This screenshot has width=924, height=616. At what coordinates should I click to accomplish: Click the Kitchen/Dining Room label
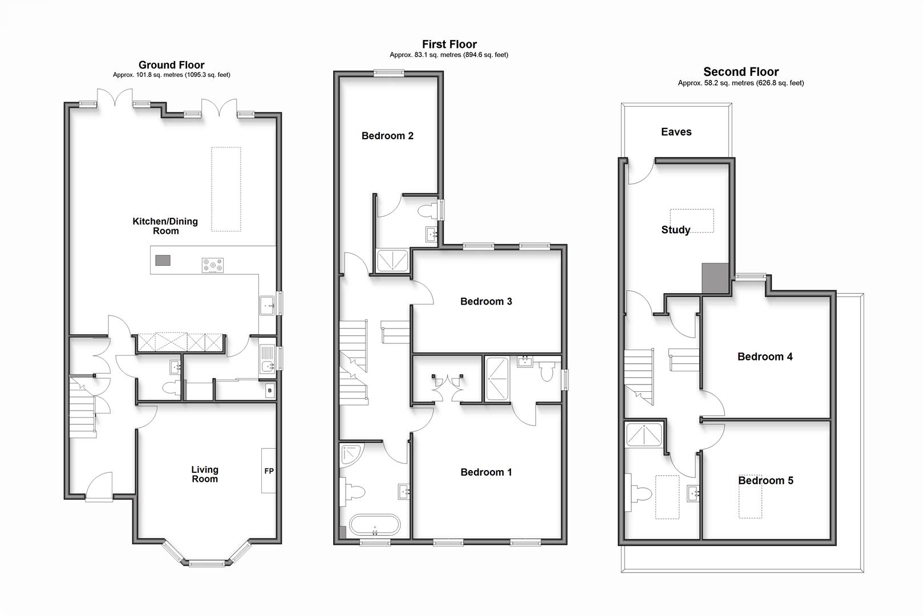pyautogui.click(x=165, y=226)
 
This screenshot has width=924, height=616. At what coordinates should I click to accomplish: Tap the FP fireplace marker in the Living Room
pyautogui.click(x=269, y=471)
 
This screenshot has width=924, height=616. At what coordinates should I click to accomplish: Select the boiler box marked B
pyautogui.click(x=269, y=391)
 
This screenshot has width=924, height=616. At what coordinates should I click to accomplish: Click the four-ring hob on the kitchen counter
pyautogui.click(x=213, y=265)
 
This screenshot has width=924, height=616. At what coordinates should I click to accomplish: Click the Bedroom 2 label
pyautogui.click(x=387, y=136)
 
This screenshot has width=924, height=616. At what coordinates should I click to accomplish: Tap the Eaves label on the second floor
pyautogui.click(x=676, y=132)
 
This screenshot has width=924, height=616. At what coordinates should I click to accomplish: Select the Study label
pyautogui.click(x=675, y=230)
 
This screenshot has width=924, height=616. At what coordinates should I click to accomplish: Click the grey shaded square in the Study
pyautogui.click(x=715, y=278)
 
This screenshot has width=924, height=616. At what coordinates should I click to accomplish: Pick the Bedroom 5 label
pyautogui.click(x=765, y=481)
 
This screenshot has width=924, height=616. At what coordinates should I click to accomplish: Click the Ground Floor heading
pyautogui.click(x=171, y=65)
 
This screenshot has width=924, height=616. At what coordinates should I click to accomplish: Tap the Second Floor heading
pyautogui.click(x=740, y=72)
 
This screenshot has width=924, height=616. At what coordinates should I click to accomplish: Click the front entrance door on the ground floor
pyautogui.click(x=99, y=488)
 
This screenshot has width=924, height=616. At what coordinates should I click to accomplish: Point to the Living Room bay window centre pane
pyautogui.click(x=206, y=564)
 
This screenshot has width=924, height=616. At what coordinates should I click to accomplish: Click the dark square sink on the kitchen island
pyautogui.click(x=163, y=260)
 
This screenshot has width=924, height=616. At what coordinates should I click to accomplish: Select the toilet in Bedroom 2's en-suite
pyautogui.click(x=427, y=211)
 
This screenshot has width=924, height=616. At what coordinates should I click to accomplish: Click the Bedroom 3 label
pyautogui.click(x=486, y=301)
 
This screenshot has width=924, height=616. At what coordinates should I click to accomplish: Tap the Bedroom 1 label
pyautogui.click(x=486, y=472)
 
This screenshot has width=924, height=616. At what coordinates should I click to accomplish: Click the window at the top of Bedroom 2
pyautogui.click(x=389, y=72)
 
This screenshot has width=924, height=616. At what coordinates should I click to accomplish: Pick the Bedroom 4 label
pyautogui.click(x=764, y=357)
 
